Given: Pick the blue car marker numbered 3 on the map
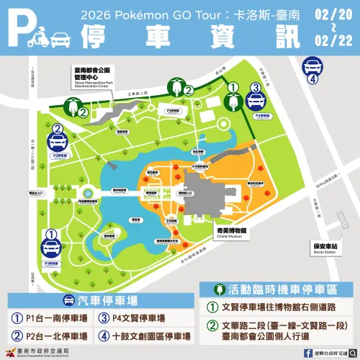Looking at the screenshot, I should (256, 97).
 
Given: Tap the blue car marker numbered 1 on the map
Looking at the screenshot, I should (50, 245).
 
